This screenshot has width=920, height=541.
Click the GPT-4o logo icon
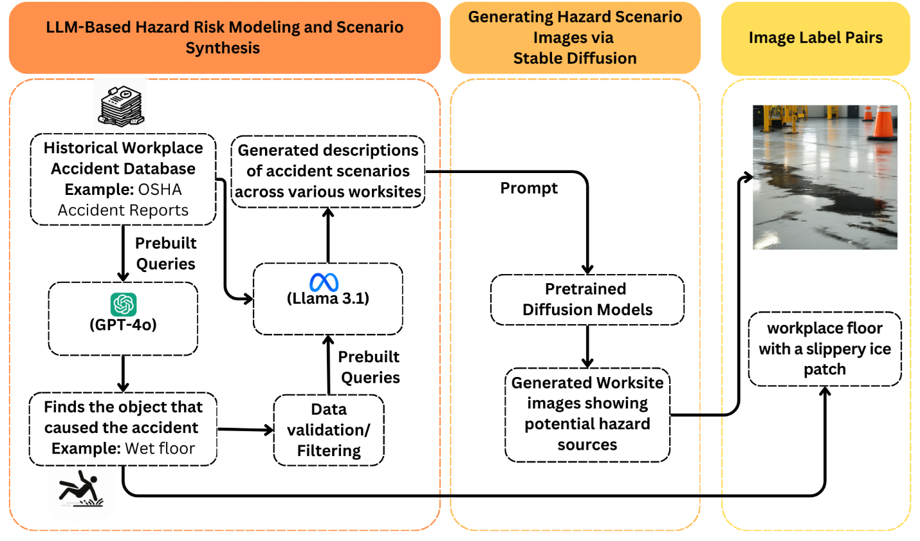coord(123,304)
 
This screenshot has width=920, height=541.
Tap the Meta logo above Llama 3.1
coord(324,282)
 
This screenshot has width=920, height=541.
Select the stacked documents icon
coord(121,104)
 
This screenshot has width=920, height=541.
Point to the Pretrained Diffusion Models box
coord(587,300)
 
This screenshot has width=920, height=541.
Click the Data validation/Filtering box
coord(329,430)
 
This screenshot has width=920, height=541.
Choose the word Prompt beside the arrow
coord(529,188)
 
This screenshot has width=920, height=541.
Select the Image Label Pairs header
coord(815,38)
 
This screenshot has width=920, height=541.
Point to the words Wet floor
coord(160,449)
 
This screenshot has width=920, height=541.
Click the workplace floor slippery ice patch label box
coord(824,349)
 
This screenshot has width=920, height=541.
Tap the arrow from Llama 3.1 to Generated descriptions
coord(328,235)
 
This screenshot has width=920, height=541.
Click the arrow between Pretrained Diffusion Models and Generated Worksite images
coord(587,346)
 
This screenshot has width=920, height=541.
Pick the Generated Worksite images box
coord(587,414)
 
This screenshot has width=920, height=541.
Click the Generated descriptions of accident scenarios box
coord(328,171)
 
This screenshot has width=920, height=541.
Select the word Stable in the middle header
coord(538,59)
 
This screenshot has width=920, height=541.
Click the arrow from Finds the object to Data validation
coord(245,429)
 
